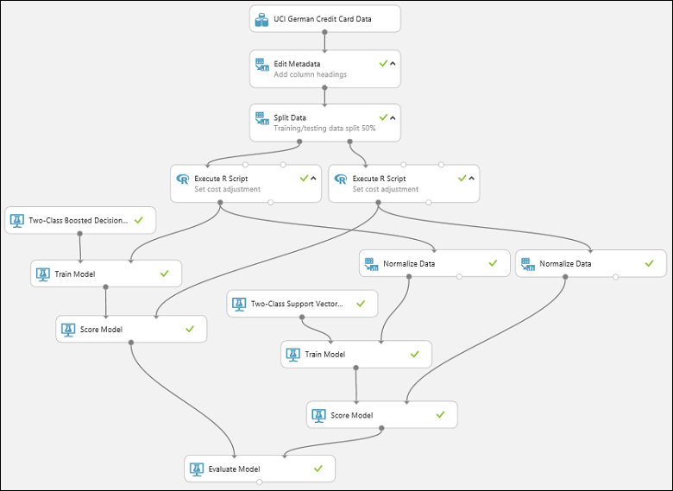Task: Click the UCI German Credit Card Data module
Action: [325, 18]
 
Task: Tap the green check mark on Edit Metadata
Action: [383, 63]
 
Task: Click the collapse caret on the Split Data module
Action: [393, 117]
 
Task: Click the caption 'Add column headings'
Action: [311, 74]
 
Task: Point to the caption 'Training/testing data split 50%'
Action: [324, 128]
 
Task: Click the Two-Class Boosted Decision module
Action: [79, 220]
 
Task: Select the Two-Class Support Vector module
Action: [302, 304]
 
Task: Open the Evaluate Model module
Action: [259, 469]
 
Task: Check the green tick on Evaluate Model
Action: [318, 469]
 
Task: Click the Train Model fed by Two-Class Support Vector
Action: [355, 354]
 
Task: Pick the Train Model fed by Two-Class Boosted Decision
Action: [105, 274]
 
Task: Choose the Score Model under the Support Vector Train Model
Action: [381, 415]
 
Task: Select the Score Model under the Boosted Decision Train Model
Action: [131, 329]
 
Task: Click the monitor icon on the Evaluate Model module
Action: [197, 469]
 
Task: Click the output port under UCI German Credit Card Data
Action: [325, 32]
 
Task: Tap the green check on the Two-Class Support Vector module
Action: [361, 303]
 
